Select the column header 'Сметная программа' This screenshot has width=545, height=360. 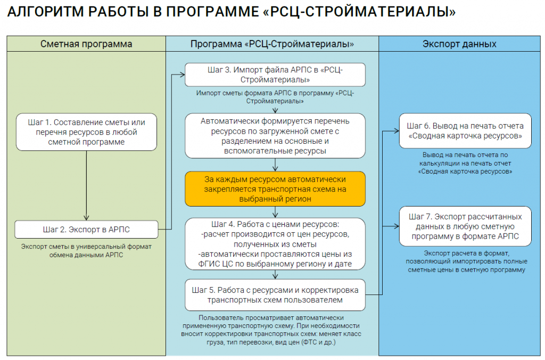coord(86,44)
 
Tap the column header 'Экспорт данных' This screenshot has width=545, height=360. coord(459,44)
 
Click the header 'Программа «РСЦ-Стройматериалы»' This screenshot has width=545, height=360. coord(272,44)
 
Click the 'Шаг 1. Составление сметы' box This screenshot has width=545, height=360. coord(87,132)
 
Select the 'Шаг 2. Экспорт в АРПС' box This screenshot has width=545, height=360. coord(87,230)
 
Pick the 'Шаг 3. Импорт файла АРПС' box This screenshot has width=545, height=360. coord(275,75)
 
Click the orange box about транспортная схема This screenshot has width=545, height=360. coord(275,189)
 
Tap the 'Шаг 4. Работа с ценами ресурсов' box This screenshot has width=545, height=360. coord(275,244)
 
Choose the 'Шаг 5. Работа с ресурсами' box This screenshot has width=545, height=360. coord(275,295)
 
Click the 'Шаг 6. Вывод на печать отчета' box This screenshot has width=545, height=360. coord(465,131)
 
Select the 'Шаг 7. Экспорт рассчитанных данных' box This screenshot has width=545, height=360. coord(465,226)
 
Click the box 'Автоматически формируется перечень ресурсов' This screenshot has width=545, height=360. coord(275,136)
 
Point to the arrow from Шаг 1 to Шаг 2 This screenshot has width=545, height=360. coord(87,186)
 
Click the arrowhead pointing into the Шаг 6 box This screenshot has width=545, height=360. coord(396,131)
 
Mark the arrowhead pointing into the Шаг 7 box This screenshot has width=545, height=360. coord(396,226)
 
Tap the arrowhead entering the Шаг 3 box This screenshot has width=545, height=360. coord(182,75)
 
